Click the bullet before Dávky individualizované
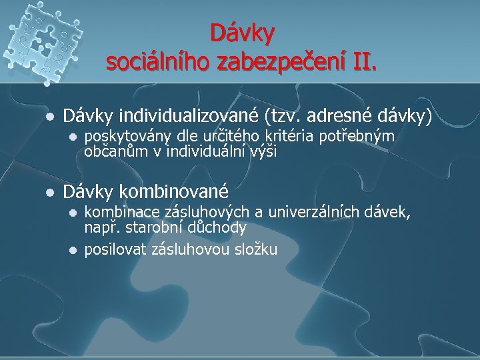pyautogui.click(x=48, y=116)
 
